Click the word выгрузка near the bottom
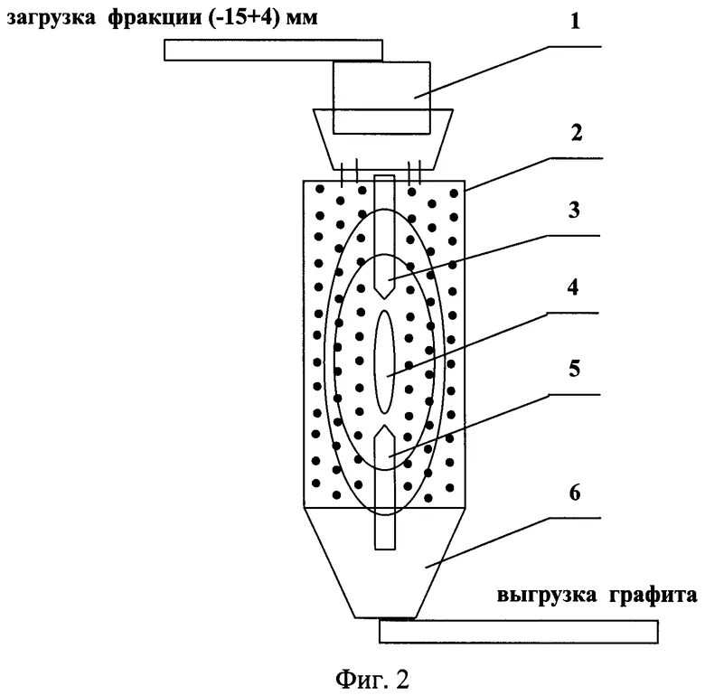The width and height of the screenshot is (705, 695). coord(545,596)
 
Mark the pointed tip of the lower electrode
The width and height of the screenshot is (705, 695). coord(384,428)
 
